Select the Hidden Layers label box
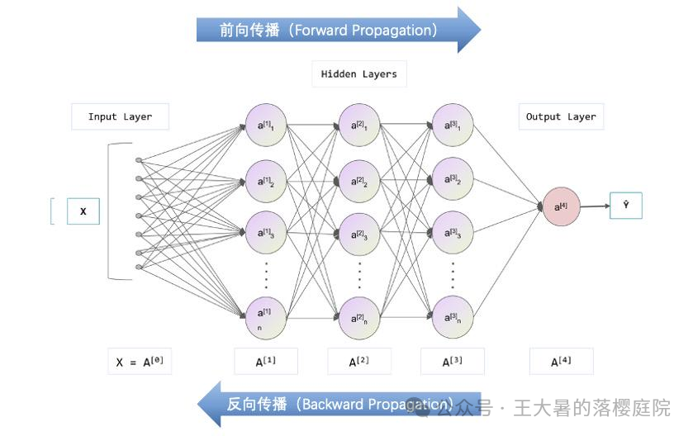click(358, 74)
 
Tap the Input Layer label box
click(120, 116)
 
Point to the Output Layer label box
click(561, 116)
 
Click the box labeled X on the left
click(83, 211)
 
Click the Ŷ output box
click(625, 205)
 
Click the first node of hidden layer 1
click(266, 126)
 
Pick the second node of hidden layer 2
click(359, 180)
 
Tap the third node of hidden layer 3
click(453, 233)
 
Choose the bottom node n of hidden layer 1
click(266, 317)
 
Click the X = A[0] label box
click(140, 362)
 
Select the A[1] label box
click(265, 362)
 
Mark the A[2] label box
click(358, 362)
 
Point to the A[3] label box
click(452, 362)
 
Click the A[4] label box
click(561, 362)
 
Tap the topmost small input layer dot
click(138, 160)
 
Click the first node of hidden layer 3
click(453, 126)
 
